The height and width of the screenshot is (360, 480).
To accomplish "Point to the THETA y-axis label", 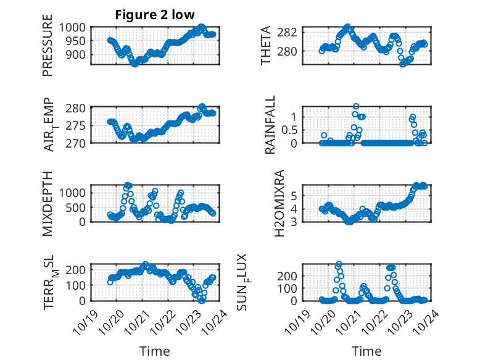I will tap(266, 45).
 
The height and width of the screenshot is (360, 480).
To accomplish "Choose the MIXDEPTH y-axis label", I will tap(48, 203).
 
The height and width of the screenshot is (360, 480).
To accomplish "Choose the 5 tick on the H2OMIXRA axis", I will tap(296, 195).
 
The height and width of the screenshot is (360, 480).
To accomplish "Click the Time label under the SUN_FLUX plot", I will tap(366, 351).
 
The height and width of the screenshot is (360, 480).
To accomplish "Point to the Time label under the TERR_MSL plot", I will tap(154, 351).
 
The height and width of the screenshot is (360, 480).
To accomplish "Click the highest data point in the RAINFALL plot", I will tap(356, 106).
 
